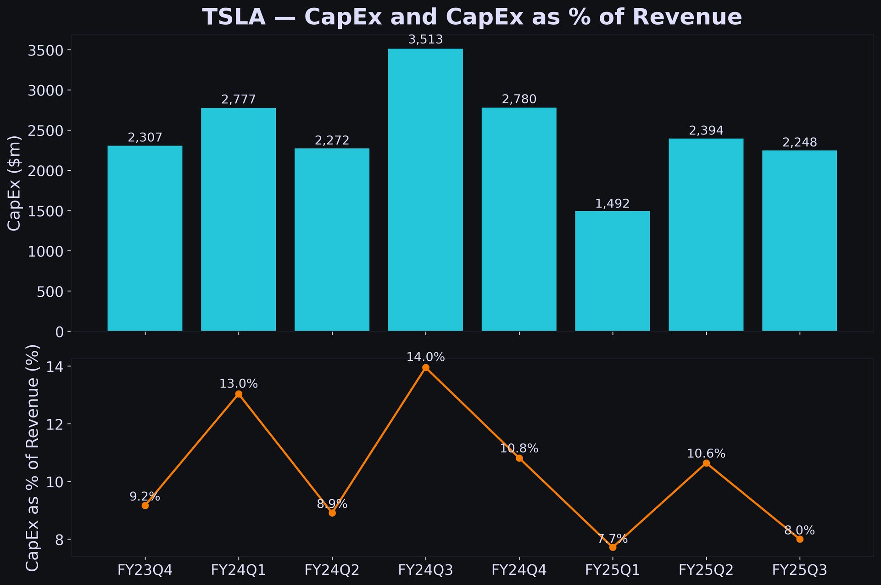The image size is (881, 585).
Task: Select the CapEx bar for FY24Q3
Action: point(425,190)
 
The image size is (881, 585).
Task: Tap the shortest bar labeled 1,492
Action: point(612,271)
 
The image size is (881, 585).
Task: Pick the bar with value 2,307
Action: point(145,238)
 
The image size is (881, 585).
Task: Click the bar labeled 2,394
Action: point(706,235)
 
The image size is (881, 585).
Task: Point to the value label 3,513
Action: point(425,40)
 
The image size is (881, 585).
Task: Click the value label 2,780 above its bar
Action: point(519,99)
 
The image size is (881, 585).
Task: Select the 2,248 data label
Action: point(799,143)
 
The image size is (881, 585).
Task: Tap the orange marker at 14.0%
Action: point(426,367)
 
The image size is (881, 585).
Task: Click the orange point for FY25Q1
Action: point(613,547)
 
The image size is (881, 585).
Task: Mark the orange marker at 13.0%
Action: point(239,394)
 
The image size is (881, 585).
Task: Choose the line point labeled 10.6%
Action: point(706,463)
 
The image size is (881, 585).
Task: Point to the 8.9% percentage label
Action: point(332,504)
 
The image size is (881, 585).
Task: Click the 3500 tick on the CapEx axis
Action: point(45,50)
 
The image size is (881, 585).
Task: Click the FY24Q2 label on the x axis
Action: point(332,570)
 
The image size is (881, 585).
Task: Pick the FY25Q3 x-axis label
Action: point(799,570)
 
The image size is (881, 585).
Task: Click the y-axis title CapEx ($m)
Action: point(15,183)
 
